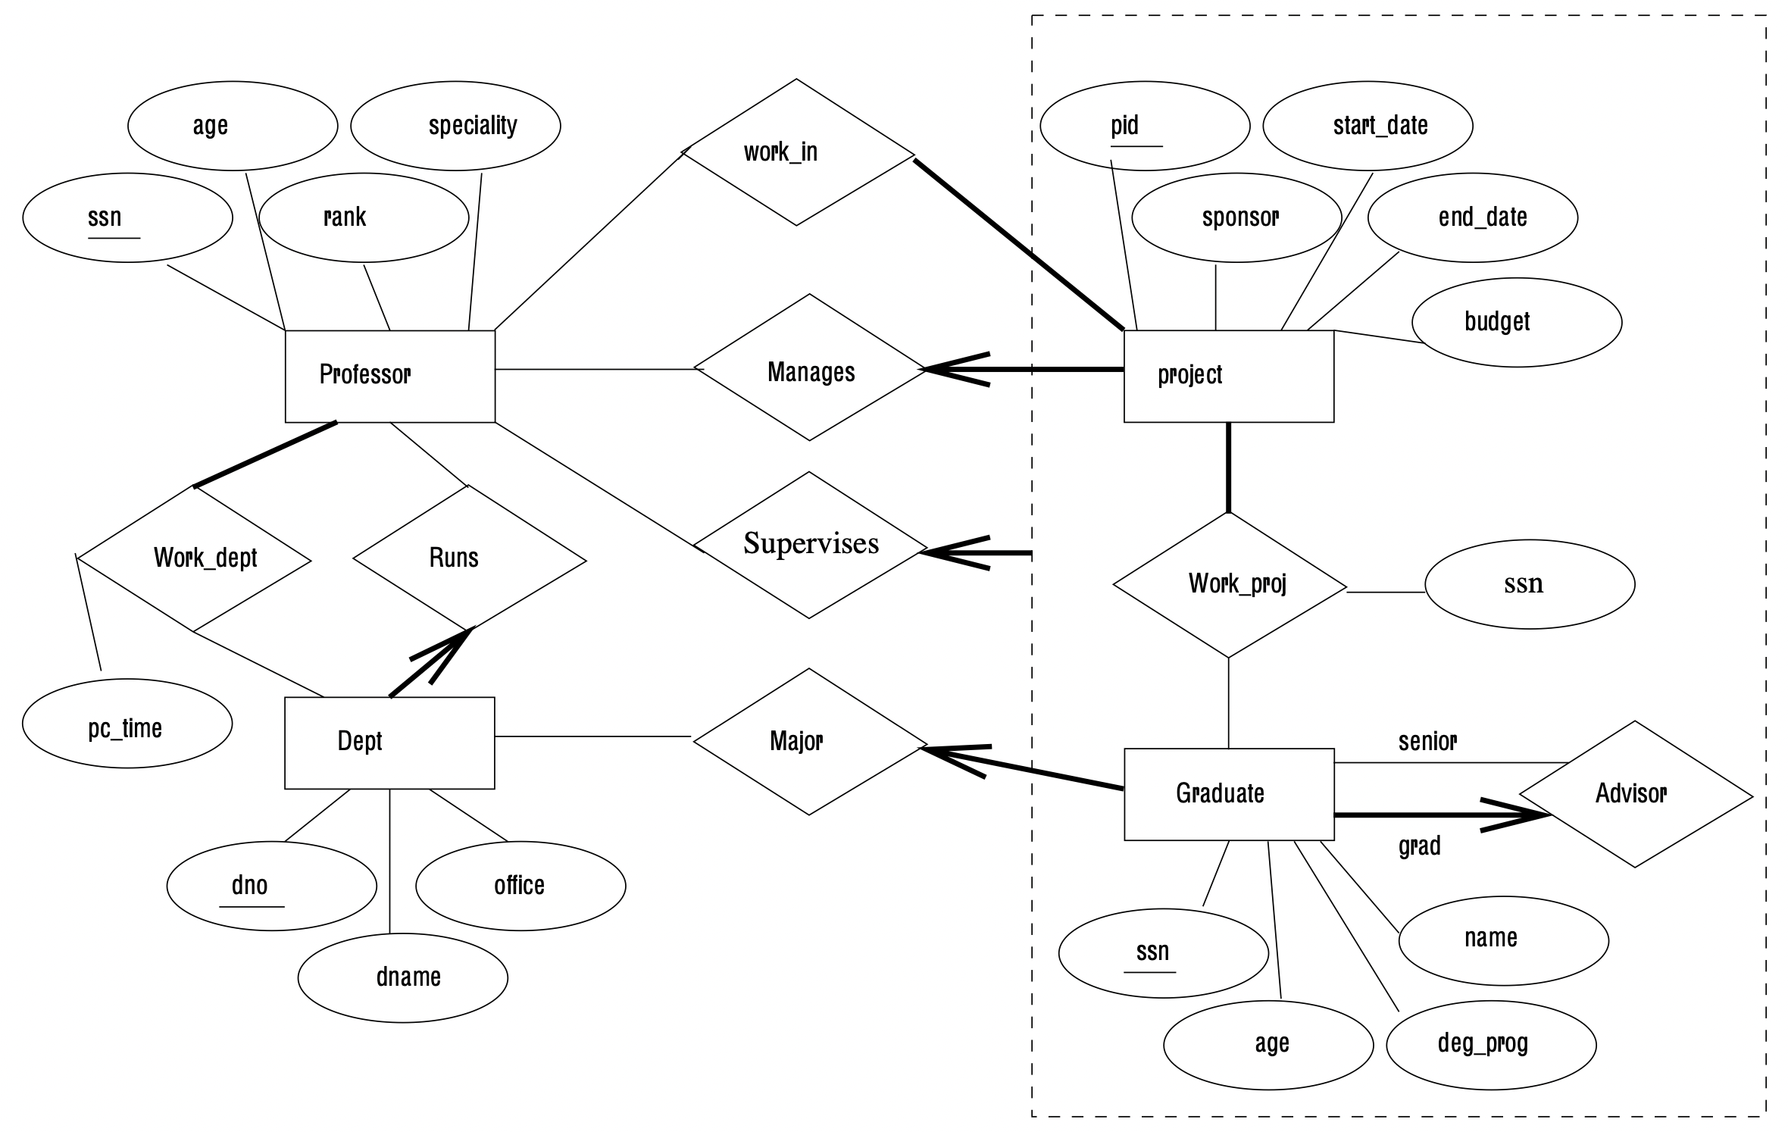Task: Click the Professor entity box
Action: coord(389,376)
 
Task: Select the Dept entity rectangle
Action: coord(389,743)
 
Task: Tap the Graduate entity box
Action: coord(1228,794)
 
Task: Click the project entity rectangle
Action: coord(1228,376)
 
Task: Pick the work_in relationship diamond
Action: coord(796,152)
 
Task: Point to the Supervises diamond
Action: coord(809,545)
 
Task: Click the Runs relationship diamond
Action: coord(469,559)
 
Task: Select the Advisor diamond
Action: coord(1635,794)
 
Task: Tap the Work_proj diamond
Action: coord(1229,585)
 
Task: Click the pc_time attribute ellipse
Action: coord(127,724)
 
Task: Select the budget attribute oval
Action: coord(1516,322)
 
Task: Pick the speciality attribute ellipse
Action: coord(455,126)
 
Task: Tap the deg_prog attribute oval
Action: coord(1490,1044)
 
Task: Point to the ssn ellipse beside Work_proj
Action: coord(1529,584)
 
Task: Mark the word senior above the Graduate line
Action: coord(1427,741)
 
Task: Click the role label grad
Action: coord(1418,846)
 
